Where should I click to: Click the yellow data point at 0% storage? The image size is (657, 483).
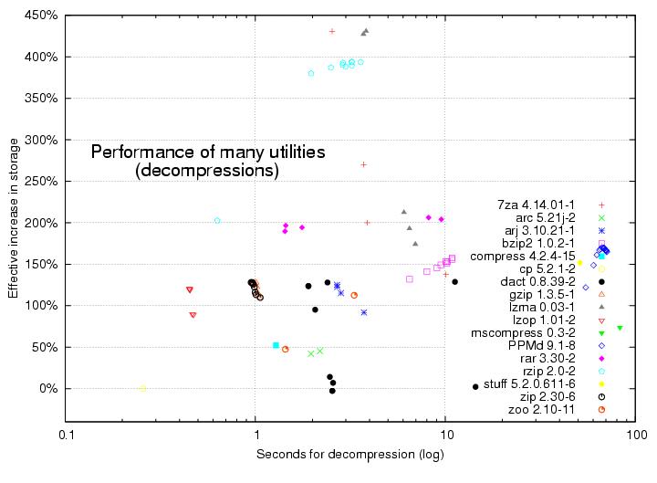(142, 388)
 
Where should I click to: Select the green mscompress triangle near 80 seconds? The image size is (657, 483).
(620, 328)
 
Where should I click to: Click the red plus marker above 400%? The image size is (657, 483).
(332, 31)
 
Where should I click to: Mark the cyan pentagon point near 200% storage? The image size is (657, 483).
(217, 220)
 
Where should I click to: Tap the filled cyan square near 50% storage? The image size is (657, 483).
(276, 345)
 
